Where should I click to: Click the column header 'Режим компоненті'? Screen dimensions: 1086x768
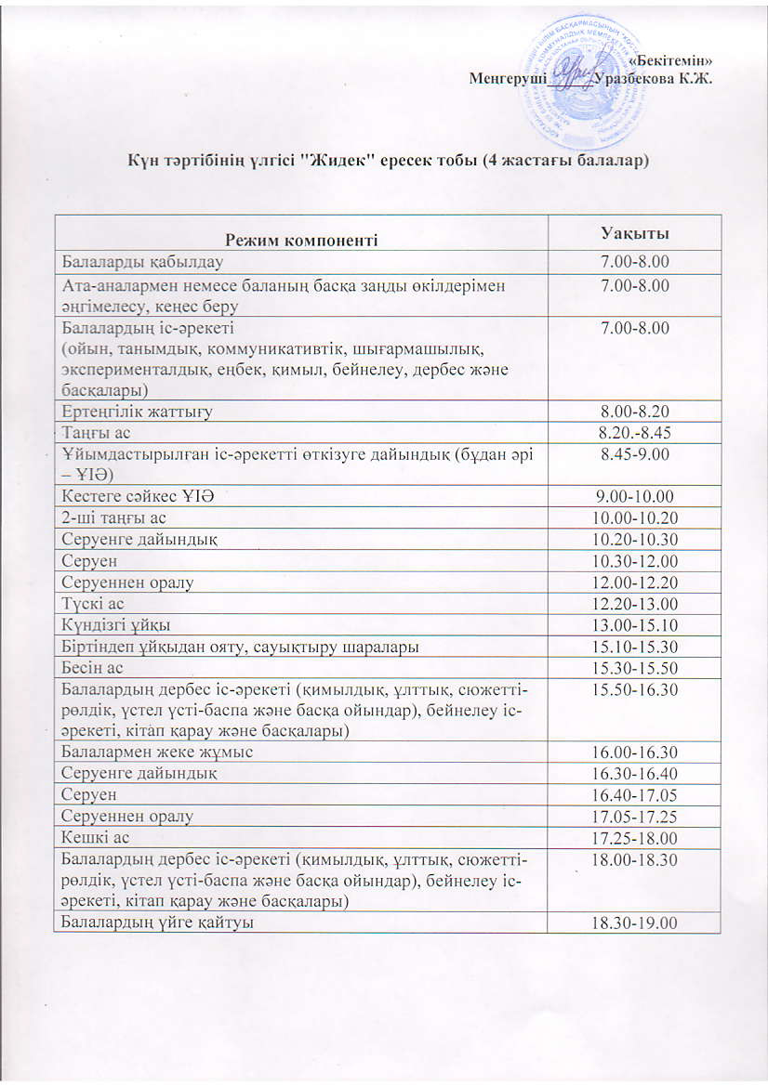point(300,239)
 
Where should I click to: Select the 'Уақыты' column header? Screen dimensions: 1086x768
point(636,232)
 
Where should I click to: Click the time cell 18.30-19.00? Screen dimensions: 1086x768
point(636,922)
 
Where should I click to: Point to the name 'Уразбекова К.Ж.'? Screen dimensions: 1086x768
point(656,78)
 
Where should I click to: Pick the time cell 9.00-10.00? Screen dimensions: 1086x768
point(636,497)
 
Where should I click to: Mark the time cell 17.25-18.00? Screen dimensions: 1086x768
point(636,837)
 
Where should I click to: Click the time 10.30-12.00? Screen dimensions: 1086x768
point(636,561)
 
